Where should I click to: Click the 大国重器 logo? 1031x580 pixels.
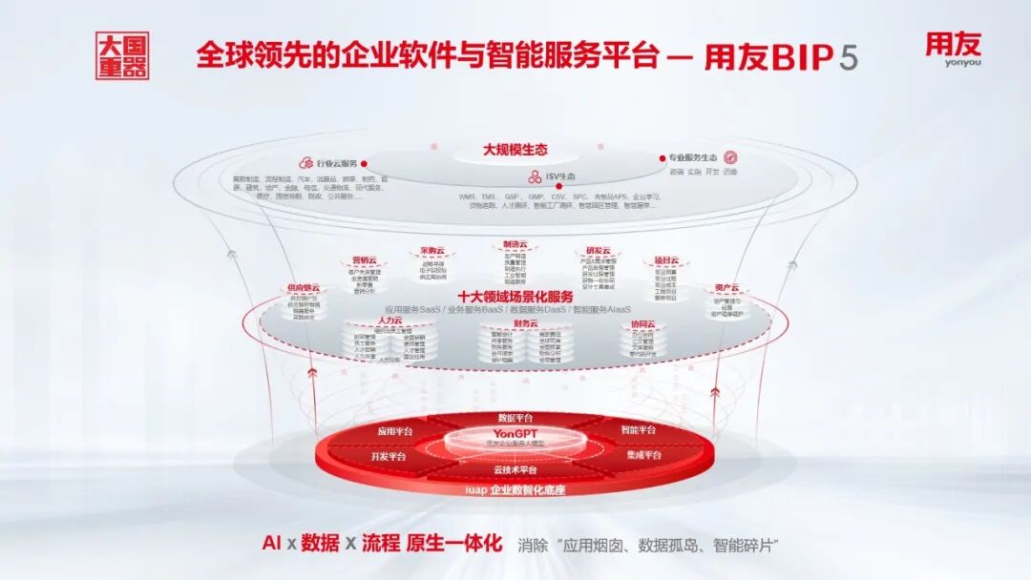[x=122, y=57]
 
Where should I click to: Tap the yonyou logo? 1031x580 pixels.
[x=952, y=50]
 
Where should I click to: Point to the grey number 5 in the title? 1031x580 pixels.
[x=848, y=57]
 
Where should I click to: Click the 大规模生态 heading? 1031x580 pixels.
[x=515, y=150]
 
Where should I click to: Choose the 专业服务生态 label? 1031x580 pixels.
[x=693, y=157]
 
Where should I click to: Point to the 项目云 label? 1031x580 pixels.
[x=665, y=260]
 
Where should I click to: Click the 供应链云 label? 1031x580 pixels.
[x=304, y=287]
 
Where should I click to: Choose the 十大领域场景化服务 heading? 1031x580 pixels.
[x=515, y=296]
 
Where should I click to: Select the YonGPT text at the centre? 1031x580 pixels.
[x=516, y=433]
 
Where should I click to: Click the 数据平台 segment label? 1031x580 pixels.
[x=516, y=418]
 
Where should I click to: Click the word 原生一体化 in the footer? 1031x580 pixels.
[x=454, y=543]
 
